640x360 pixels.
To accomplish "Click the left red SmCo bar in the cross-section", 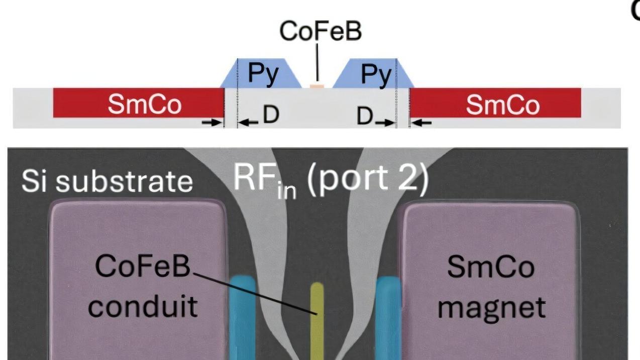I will [x=138, y=103].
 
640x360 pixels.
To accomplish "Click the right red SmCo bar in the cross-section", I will [x=495, y=103].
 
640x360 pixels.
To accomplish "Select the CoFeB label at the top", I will [x=320, y=31].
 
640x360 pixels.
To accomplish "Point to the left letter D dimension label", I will [x=271, y=116].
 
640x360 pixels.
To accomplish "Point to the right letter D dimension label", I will [x=365, y=117].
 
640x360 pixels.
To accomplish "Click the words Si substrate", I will [x=107, y=180].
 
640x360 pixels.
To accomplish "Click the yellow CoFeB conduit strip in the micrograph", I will [x=317, y=321].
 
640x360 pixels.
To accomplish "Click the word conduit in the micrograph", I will [x=142, y=305].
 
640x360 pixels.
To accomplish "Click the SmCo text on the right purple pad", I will [x=491, y=268].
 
